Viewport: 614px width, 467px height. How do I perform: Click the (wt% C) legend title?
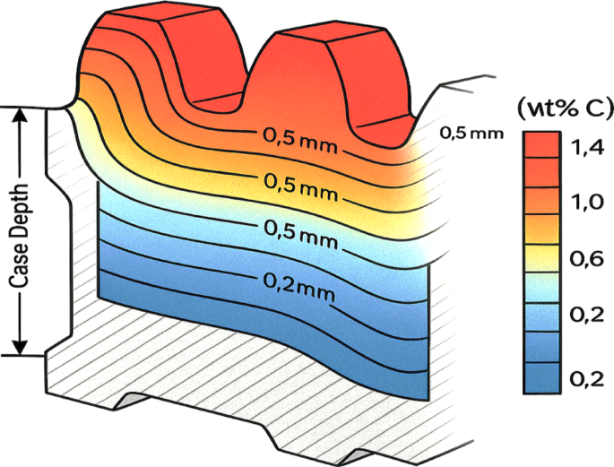[563, 107]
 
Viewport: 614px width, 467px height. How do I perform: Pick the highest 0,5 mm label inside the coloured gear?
[298, 138]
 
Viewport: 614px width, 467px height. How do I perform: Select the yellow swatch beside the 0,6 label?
[542, 259]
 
